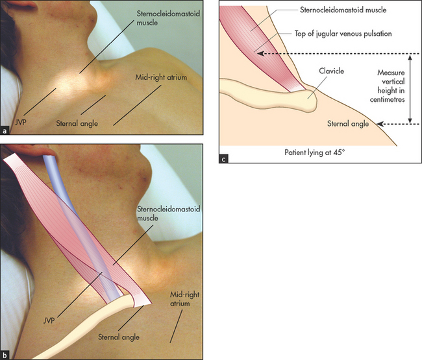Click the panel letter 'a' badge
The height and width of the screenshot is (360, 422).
pyautogui.click(x=5, y=130)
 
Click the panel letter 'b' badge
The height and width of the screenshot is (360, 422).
pyautogui.click(x=5, y=354)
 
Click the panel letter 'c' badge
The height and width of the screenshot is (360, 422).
pyautogui.click(x=225, y=159)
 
